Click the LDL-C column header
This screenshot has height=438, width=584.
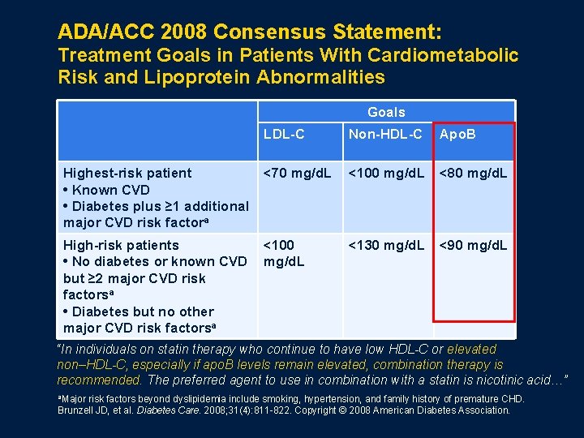point(284,135)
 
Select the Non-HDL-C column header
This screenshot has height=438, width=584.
point(385,135)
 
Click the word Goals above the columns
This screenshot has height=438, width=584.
point(386,112)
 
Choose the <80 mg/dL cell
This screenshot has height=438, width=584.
point(474,173)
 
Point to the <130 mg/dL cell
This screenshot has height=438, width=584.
point(386,245)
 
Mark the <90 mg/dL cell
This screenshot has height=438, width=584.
point(474,245)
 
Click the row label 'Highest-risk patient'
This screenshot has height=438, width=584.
point(127,173)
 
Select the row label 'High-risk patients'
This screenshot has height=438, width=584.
point(121,245)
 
